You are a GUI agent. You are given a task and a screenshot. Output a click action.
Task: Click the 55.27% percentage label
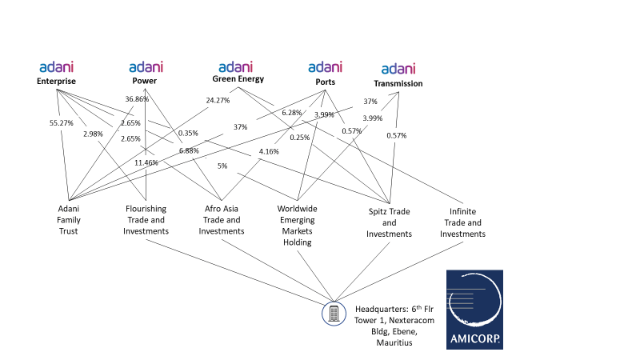click(x=62, y=124)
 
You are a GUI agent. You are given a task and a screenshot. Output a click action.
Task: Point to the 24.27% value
click(x=218, y=101)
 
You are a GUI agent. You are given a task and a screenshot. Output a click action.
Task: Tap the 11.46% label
click(x=146, y=162)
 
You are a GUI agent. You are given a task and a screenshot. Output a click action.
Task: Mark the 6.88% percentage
click(x=189, y=150)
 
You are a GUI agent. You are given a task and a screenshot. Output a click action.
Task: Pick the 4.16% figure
click(x=269, y=151)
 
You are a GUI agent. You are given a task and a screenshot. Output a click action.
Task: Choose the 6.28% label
click(x=292, y=113)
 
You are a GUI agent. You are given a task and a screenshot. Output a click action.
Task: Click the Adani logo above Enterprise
click(x=56, y=67)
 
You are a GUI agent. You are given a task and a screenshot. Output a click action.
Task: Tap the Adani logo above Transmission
click(x=398, y=70)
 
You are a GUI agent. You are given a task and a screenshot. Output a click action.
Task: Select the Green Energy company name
click(x=238, y=79)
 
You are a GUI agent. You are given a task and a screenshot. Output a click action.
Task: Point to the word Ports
click(x=325, y=82)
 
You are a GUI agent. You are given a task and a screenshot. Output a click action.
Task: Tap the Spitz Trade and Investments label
click(x=389, y=222)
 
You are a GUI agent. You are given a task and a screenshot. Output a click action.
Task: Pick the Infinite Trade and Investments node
click(x=462, y=222)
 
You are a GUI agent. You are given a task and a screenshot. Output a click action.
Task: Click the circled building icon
click(x=334, y=313)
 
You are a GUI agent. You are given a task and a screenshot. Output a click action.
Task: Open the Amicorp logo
click(x=474, y=310)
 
